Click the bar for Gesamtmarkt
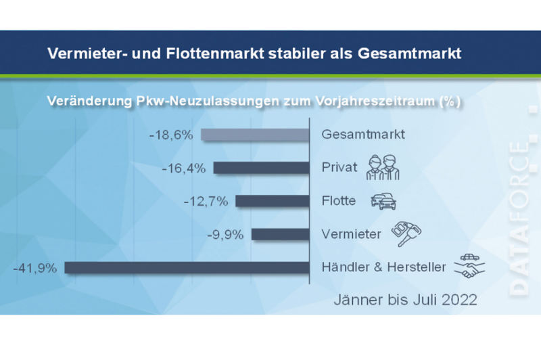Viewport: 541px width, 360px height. [255, 135]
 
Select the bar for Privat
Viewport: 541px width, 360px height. [261, 168]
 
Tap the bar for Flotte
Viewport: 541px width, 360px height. [272, 201]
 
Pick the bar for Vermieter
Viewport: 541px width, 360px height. [280, 234]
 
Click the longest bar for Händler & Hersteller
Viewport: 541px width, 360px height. [186, 267]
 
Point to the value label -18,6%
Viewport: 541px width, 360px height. [171, 135]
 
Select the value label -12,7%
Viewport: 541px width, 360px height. [206, 201]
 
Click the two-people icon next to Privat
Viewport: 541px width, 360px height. [383, 166]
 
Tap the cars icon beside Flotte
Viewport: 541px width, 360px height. [383, 201]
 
